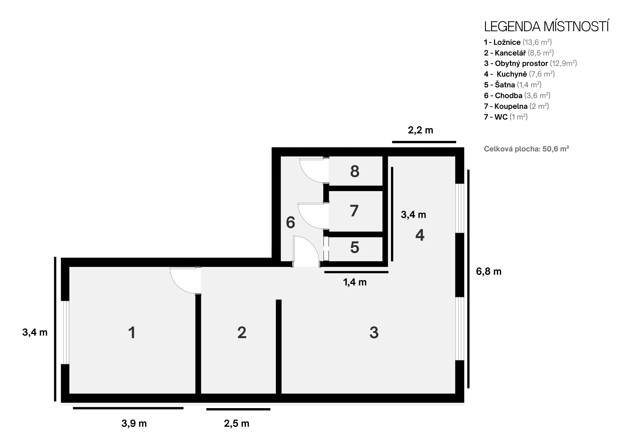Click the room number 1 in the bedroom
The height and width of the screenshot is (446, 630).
pyautogui.click(x=132, y=333)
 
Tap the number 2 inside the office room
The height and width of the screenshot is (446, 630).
pyautogui.click(x=242, y=333)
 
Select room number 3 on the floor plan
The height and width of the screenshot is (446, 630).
pyautogui.click(x=374, y=333)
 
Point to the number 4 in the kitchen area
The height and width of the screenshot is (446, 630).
pyautogui.click(x=420, y=235)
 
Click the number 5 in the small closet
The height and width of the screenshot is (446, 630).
pyautogui.click(x=355, y=248)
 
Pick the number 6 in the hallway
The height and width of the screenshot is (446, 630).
pyautogui.click(x=290, y=223)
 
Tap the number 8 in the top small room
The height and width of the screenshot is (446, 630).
pyautogui.click(x=355, y=172)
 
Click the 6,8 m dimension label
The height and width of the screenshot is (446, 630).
pyautogui.click(x=489, y=272)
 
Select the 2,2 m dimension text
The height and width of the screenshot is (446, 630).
pyautogui.click(x=421, y=130)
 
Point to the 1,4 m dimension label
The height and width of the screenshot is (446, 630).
pyautogui.click(x=355, y=282)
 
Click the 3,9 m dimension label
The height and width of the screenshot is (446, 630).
pyautogui.click(x=134, y=423)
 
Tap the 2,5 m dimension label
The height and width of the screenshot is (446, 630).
pyautogui.click(x=237, y=423)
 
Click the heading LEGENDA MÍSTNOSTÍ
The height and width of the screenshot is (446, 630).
pyautogui.click(x=546, y=27)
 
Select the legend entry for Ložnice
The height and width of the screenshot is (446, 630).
pyautogui.click(x=518, y=42)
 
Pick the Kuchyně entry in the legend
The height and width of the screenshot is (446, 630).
pyautogui.click(x=519, y=74)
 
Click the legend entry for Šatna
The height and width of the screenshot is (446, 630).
pyautogui.click(x=513, y=85)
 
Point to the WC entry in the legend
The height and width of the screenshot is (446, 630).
pyautogui.click(x=506, y=117)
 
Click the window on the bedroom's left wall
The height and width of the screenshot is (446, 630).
pyautogui.click(x=66, y=332)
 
